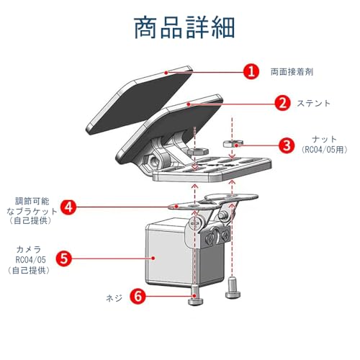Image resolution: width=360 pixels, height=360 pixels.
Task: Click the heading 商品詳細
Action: [184, 27]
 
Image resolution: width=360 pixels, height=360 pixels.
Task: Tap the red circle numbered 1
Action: [251, 72]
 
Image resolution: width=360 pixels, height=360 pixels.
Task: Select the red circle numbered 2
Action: [283, 103]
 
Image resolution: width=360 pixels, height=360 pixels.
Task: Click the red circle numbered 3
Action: [287, 145]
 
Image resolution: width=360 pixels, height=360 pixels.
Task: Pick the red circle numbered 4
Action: [68, 207]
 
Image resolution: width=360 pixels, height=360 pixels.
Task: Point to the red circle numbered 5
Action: [64, 258]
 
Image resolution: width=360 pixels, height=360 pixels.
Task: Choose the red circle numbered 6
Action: [138, 296]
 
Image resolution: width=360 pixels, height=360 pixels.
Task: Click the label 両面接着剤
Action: [292, 72]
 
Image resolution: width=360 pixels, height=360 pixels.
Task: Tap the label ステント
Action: [313, 104]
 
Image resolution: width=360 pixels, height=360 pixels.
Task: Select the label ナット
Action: [325, 139]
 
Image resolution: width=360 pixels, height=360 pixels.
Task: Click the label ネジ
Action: [114, 298]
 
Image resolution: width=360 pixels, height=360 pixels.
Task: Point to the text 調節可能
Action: [32, 201]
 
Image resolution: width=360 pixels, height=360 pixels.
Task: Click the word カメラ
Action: [29, 250]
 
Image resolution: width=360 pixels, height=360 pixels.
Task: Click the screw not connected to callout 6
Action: [232, 288]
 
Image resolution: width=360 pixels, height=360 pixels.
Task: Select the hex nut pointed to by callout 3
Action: [233, 143]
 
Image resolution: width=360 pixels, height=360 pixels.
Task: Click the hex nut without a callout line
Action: [197, 151]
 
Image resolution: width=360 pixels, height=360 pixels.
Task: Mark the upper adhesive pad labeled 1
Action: [139, 101]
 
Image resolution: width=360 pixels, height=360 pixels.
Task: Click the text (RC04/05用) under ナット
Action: [325, 150]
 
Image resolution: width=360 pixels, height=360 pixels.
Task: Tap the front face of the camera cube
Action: [168, 257]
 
